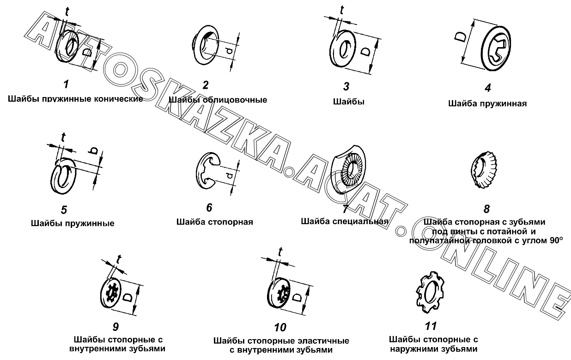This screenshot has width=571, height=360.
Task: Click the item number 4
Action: [487, 88]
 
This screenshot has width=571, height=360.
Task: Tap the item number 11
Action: [431, 326]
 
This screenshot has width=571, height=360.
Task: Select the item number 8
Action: [486, 209]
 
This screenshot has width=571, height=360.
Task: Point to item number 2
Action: [206, 85]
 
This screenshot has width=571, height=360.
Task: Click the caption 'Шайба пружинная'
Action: [487, 104]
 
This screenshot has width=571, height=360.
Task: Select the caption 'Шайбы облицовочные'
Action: [218, 100]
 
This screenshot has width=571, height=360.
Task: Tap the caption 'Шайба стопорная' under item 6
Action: [215, 222]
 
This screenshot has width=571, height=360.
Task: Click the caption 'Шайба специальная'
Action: [345, 221]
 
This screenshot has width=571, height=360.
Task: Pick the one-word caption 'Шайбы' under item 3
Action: [349, 102]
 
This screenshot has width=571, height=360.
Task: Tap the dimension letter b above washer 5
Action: [93, 151]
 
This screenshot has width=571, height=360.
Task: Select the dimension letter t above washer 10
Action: [280, 252]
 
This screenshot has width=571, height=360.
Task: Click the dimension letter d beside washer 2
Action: [229, 51]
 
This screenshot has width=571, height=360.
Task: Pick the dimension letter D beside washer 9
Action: [128, 297]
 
